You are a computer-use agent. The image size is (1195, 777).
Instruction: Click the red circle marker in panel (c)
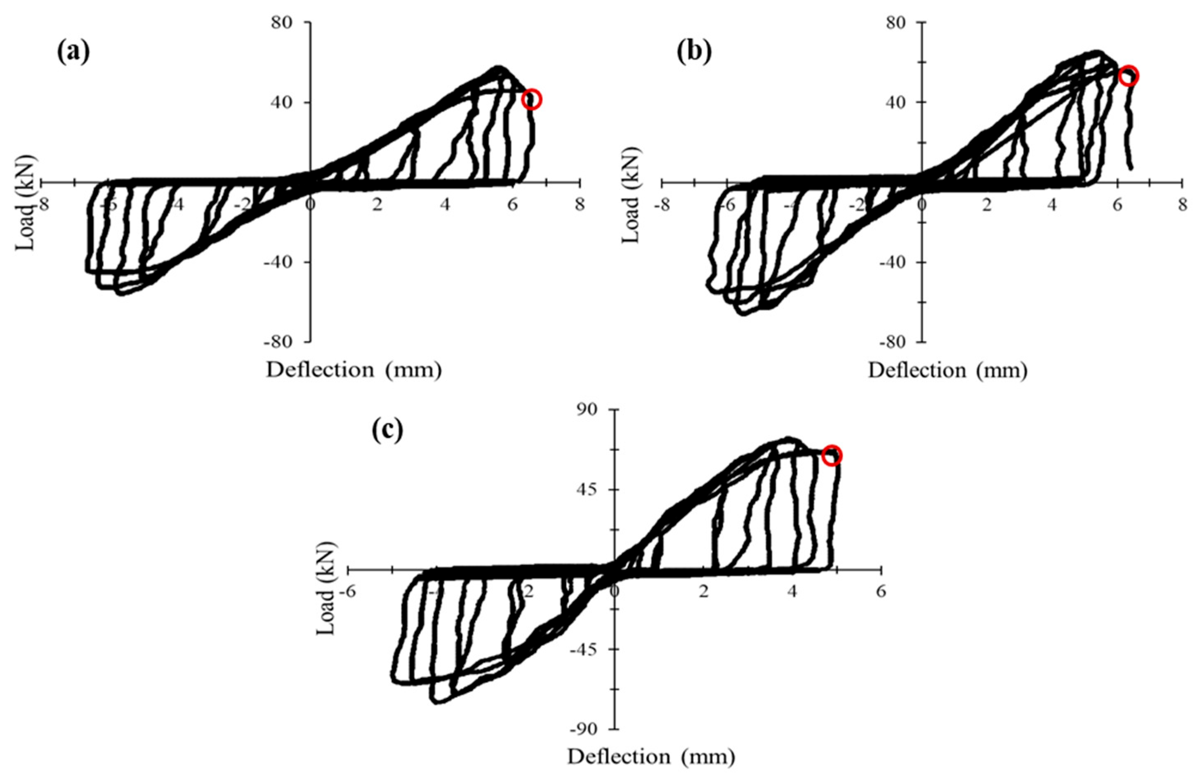832,455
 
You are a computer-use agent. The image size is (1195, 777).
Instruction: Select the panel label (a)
74,52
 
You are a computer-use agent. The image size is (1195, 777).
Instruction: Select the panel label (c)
387,431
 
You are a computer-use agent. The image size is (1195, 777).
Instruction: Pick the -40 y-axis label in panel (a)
284,262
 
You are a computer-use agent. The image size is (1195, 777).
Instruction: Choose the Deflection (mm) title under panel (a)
354,370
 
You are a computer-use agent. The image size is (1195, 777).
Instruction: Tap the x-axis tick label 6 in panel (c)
881,592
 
